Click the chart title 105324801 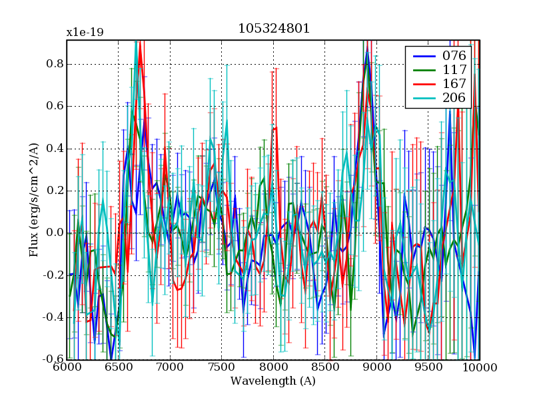pos(273,29)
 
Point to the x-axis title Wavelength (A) pos(273,381)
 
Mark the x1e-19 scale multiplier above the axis pos(85,32)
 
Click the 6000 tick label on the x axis pos(67,367)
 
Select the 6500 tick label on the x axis pos(119,367)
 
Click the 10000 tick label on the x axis pos(480,367)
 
